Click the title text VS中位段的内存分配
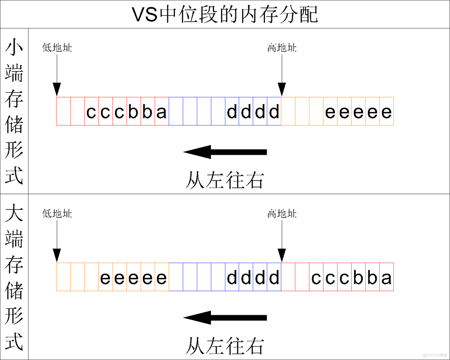pyautogui.click(x=225, y=14)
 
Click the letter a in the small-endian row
pyautogui.click(x=162, y=112)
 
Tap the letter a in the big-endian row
pyautogui.click(x=386, y=278)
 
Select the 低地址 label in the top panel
pyautogui.click(x=57, y=48)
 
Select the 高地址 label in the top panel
pyautogui.click(x=282, y=48)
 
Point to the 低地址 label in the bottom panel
pyautogui.click(x=57, y=214)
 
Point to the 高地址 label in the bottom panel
pyautogui.click(x=282, y=214)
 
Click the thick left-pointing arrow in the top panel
pyautogui.click(x=225, y=152)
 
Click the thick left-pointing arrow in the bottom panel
pyautogui.click(x=225, y=318)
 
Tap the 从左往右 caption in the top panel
pyautogui.click(x=225, y=180)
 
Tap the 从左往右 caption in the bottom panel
pyautogui.click(x=225, y=346)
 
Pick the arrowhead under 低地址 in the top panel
pyautogui.click(x=57, y=90)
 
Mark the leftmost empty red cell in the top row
pyautogui.click(x=63, y=111)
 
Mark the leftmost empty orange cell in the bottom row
pyautogui.click(x=63, y=277)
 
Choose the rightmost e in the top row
pyautogui.click(x=386, y=112)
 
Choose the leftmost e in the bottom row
pyautogui.click(x=105, y=278)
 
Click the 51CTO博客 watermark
pyautogui.click(x=435, y=355)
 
